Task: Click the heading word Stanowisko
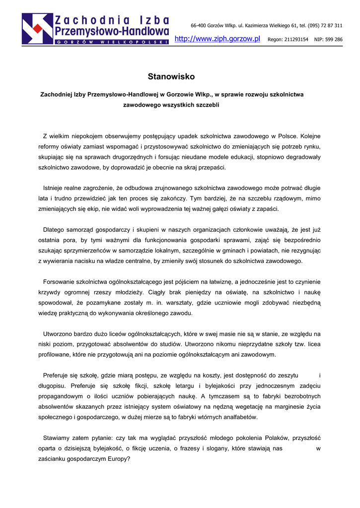pyautogui.click(x=171, y=76)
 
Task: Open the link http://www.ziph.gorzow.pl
pyautogui.click(x=217, y=39)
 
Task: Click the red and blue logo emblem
pyautogui.click(x=37, y=28)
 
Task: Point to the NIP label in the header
pyautogui.click(x=319, y=39)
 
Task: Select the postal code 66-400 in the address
pyautogui.click(x=199, y=25)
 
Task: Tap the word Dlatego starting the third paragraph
pyautogui.click(x=54, y=230)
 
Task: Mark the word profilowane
pyautogui.click(x=55, y=355)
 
